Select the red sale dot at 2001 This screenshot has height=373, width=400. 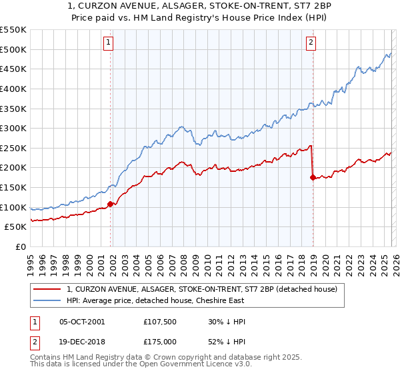point(111,204)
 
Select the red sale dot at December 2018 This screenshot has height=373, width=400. point(313,177)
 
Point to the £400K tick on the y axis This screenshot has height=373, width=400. point(13,89)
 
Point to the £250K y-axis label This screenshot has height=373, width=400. point(13,148)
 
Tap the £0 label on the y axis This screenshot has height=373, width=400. point(20,247)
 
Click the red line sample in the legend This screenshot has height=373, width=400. point(47,289)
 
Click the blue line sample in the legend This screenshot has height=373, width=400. point(47,300)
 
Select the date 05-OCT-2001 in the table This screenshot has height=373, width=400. point(81,322)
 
